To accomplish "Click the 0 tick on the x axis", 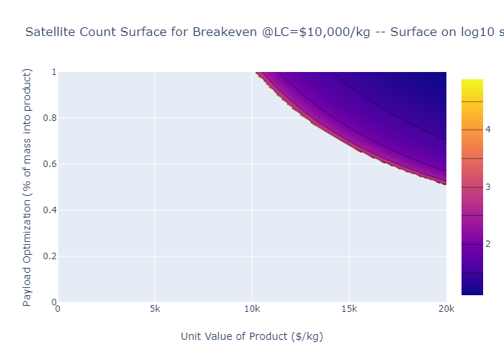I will pyautogui.click(x=58, y=310).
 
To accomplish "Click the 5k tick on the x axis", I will pyautogui.click(x=155, y=310).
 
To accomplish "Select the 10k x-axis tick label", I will pyautogui.click(x=252, y=310).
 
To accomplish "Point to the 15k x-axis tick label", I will pyautogui.click(x=349, y=310).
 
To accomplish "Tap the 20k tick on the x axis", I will pyautogui.click(x=446, y=310).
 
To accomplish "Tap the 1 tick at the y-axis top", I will pyautogui.click(x=53, y=72).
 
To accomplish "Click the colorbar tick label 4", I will pyautogui.click(x=487, y=130).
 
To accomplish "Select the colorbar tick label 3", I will pyautogui.click(x=487, y=187).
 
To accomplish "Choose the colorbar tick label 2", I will pyautogui.click(x=487, y=244).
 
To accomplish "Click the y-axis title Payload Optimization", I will pyautogui.click(x=28, y=187).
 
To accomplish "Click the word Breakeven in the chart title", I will pyautogui.click(x=222, y=32).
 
